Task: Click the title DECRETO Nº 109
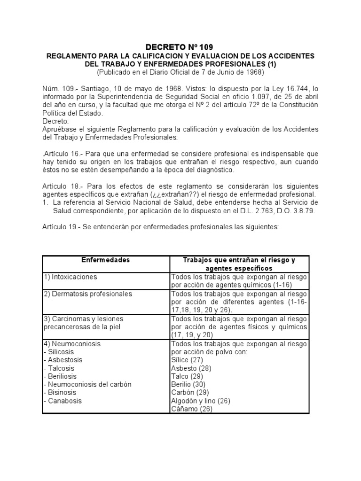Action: (179, 47)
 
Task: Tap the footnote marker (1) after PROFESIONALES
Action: (270, 64)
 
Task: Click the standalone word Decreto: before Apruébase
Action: (55, 121)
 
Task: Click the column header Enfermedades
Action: (105, 260)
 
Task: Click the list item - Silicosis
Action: (59, 352)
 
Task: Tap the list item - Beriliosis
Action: (60, 376)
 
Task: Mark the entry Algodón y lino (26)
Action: (201, 401)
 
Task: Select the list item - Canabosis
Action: (62, 401)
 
